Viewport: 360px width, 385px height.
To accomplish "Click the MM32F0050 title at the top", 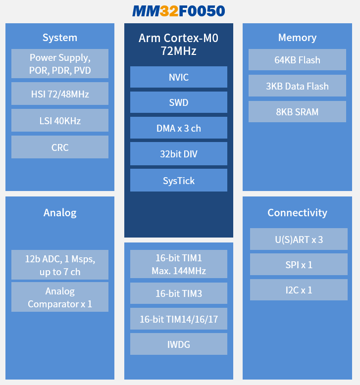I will click(178, 11).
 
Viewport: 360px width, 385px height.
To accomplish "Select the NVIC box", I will click(179, 77).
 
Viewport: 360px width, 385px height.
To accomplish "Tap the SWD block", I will click(179, 103).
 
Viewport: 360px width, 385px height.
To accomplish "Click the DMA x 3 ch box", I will click(179, 128).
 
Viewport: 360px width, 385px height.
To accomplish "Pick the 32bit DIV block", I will click(179, 154).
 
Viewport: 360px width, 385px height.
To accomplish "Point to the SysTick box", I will click(179, 181).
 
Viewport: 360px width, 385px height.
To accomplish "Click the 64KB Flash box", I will click(297, 60).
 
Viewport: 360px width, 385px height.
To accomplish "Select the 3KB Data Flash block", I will click(297, 86).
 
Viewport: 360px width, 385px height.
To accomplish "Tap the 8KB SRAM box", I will click(297, 112).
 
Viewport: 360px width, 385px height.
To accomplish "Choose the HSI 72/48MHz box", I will click(60, 94).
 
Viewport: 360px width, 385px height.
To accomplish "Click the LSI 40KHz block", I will click(60, 121).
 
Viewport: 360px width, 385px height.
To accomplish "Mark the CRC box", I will click(60, 147).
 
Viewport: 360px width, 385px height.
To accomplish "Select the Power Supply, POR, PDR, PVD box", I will click(60, 64).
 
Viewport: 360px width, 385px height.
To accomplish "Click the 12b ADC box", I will click(60, 265).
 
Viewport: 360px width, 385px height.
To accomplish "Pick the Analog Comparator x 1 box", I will click(60, 297).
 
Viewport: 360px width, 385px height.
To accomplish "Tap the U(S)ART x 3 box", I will click(299, 240).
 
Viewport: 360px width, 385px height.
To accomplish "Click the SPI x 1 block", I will click(299, 265).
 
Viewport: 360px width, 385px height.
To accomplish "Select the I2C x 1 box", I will click(299, 290).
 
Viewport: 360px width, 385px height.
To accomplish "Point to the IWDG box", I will click(179, 344).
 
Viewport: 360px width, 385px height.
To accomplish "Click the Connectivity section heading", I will click(297, 213).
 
